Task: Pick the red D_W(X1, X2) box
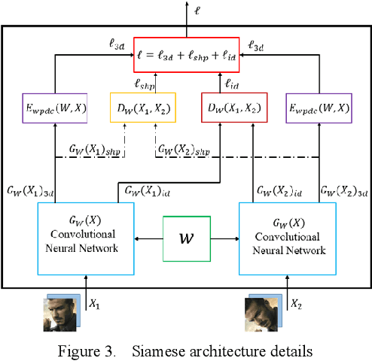coord(232,108)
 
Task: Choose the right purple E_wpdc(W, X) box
coord(319,108)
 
